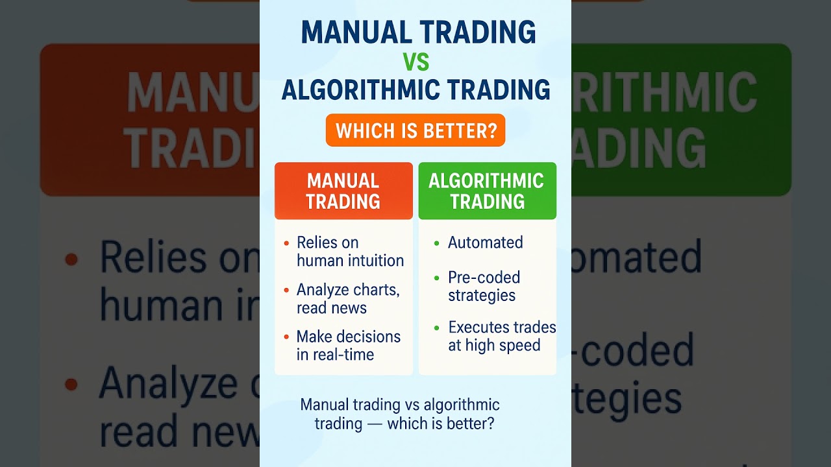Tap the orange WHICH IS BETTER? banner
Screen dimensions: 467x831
pos(415,131)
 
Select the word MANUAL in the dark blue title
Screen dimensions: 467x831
pos(354,32)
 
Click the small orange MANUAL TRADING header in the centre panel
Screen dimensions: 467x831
pos(343,191)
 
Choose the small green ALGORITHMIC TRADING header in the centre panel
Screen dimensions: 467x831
pos(487,191)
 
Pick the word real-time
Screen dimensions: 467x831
pos(344,355)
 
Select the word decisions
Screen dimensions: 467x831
pos(367,337)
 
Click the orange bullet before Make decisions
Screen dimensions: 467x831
pos(286,337)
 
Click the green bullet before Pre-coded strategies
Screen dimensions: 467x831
pos(437,278)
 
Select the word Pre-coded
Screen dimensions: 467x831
pos(484,278)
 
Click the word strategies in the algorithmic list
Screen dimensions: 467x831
pos(482,296)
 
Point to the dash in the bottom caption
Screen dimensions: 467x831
pos(375,424)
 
